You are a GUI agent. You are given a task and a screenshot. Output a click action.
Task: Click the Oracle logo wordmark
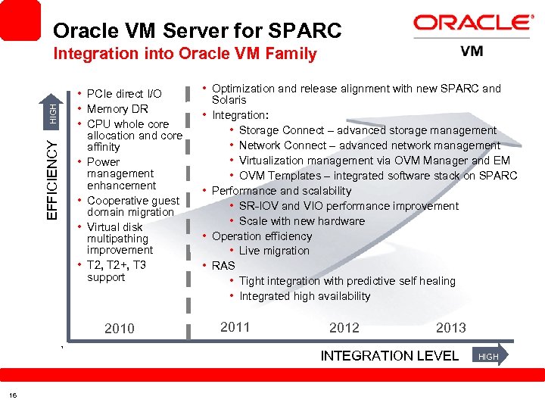474,23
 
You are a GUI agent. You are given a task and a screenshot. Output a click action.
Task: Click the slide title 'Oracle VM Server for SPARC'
198,31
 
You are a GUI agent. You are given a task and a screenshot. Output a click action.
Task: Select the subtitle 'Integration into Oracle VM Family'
185,54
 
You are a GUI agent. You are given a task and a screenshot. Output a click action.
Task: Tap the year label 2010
120,328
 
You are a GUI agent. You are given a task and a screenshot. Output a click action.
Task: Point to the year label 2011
235,327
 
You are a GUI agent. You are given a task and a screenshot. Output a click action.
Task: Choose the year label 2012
344,327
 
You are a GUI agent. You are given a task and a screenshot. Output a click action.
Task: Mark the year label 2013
451,327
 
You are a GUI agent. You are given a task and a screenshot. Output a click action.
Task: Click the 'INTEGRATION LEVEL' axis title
390,355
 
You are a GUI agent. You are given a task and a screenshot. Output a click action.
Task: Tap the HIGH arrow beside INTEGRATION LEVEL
490,356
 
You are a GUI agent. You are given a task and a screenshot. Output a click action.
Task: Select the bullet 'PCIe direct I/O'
124,94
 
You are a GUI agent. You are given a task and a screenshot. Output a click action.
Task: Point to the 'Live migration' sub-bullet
274,251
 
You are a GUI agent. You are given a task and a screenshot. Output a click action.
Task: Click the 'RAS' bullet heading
223,265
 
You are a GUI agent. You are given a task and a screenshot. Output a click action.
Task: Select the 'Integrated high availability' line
304,296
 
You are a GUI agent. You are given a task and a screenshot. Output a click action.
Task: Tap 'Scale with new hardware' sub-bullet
301,221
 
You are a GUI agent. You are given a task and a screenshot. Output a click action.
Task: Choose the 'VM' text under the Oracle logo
472,52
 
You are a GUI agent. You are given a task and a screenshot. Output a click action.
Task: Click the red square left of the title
20,20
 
